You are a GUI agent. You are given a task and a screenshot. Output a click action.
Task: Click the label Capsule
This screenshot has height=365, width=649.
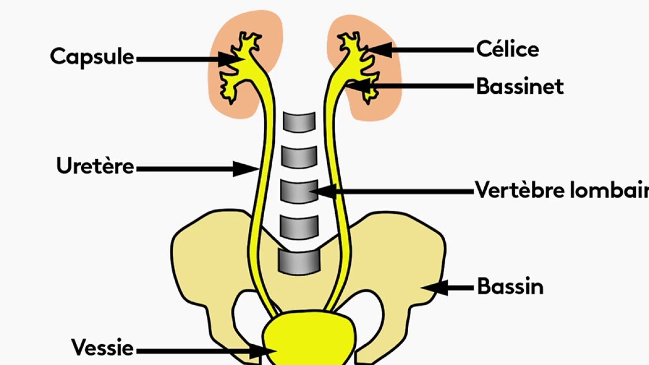click(x=92, y=58)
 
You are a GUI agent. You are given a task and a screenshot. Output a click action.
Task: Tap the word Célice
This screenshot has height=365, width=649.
click(x=508, y=49)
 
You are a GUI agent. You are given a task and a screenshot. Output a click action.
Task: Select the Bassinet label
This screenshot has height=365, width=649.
click(x=520, y=86)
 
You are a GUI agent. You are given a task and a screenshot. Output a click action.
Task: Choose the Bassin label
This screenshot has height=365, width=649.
click(x=510, y=286)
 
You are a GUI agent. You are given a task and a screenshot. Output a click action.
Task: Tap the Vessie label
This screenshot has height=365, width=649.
click(x=102, y=347)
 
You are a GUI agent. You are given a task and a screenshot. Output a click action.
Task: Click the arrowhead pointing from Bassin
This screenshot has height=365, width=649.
click(x=434, y=287)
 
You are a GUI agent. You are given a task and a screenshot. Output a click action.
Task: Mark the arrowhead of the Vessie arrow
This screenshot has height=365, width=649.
click(x=263, y=351)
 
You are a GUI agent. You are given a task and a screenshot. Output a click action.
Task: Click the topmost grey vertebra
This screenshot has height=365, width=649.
click(x=299, y=122)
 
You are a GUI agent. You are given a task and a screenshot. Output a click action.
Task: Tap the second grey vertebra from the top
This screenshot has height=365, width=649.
click(x=299, y=157)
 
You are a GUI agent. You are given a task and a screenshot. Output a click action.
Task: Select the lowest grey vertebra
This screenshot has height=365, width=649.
click(x=299, y=262)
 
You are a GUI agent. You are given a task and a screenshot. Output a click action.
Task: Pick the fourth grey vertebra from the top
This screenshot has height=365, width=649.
click(x=299, y=226)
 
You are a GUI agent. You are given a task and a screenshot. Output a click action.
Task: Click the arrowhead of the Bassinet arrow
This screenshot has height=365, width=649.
click(x=358, y=86)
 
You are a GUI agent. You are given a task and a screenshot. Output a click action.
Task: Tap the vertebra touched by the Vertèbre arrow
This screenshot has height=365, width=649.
click(x=299, y=192)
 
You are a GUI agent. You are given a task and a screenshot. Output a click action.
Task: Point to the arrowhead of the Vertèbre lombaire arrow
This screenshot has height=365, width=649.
click(x=323, y=192)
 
